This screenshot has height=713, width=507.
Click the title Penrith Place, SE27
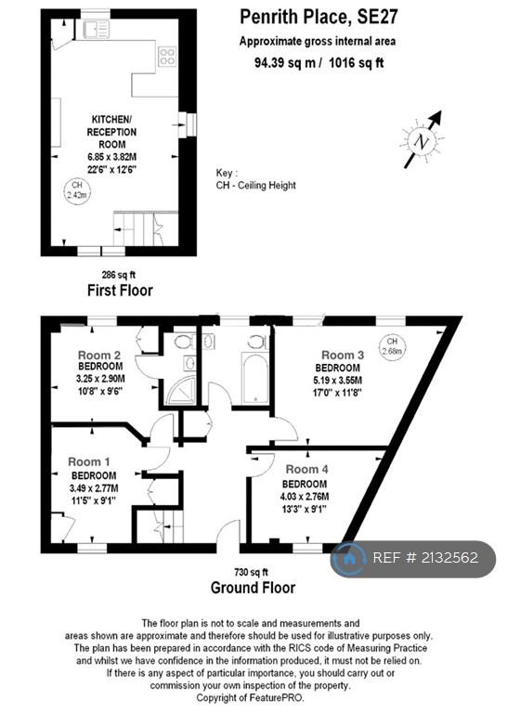click(318, 18)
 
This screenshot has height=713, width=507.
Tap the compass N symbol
click(422, 141)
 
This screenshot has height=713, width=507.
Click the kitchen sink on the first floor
click(97, 29)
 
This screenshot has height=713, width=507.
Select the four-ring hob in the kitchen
click(167, 57)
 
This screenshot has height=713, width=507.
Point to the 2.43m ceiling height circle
click(77, 190)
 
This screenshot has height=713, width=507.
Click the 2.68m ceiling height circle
click(392, 346)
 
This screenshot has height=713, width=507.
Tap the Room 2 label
click(99, 355)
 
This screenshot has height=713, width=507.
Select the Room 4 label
click(307, 469)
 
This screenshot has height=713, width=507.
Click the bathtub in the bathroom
click(255, 378)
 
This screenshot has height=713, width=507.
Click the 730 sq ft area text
click(251, 572)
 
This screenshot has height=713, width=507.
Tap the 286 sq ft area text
click(118, 275)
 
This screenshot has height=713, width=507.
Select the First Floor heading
click(120, 290)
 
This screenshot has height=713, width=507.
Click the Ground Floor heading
click(253, 588)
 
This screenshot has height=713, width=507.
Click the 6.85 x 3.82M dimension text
click(111, 157)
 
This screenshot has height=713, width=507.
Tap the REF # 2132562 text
click(425, 558)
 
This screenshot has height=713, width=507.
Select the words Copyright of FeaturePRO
click(250, 697)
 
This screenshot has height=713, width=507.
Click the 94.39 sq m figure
click(285, 62)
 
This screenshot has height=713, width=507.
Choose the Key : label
click(227, 173)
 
